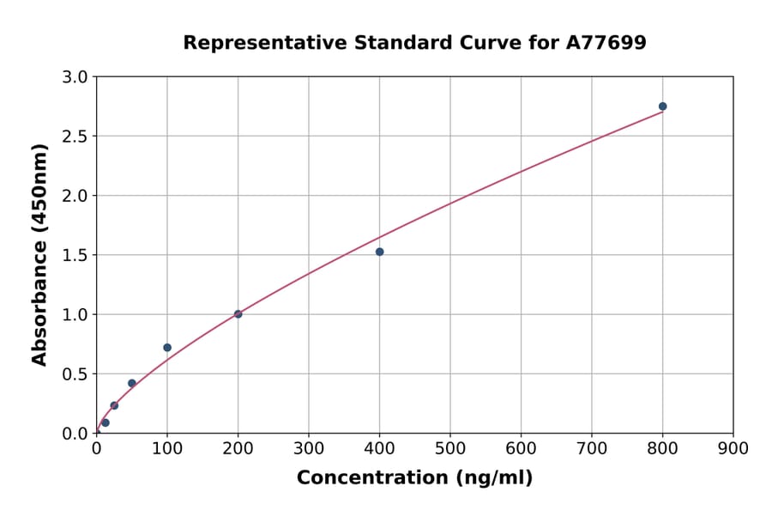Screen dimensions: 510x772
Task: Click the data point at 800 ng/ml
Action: click(x=662, y=106)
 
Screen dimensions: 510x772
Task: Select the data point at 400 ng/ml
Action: click(x=379, y=252)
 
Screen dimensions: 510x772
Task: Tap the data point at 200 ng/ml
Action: click(x=238, y=314)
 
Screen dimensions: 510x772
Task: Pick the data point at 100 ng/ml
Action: click(x=167, y=348)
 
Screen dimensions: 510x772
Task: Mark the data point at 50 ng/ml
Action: click(x=132, y=384)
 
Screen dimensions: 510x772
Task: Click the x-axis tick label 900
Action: click(x=733, y=448)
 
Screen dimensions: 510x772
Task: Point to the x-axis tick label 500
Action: click(x=449, y=448)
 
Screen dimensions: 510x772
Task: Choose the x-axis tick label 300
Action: click(x=309, y=448)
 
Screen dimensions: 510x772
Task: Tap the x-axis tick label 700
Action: click(x=591, y=448)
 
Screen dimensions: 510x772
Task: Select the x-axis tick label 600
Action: click(x=521, y=448)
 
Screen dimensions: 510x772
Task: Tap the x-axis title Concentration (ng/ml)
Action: click(x=414, y=478)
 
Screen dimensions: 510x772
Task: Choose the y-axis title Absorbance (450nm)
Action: click(x=39, y=254)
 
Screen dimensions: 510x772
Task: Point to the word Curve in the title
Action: click(x=476, y=43)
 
